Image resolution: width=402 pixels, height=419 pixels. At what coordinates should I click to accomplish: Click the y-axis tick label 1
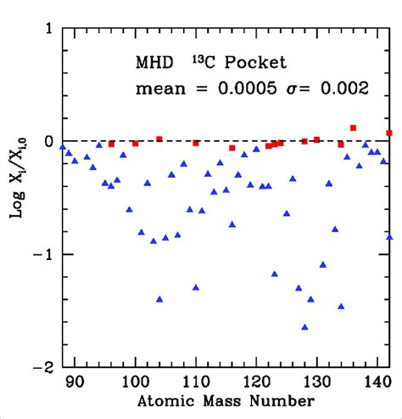tap(47, 28)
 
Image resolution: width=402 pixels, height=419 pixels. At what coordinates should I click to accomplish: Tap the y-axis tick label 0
tap(47, 141)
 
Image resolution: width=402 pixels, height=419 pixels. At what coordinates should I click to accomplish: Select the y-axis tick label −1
tap(42, 254)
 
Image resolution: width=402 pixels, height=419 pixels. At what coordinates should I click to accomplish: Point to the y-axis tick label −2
tap(42, 367)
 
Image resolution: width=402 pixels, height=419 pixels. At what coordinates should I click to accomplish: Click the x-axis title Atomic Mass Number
tap(226, 401)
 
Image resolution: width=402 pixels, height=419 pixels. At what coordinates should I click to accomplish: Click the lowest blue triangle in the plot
tap(304, 326)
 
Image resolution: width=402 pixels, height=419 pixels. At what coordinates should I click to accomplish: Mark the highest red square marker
tap(353, 127)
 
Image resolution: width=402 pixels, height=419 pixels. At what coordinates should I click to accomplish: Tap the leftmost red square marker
tap(111, 144)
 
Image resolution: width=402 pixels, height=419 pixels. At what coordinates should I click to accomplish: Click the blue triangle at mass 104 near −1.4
tap(159, 299)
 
